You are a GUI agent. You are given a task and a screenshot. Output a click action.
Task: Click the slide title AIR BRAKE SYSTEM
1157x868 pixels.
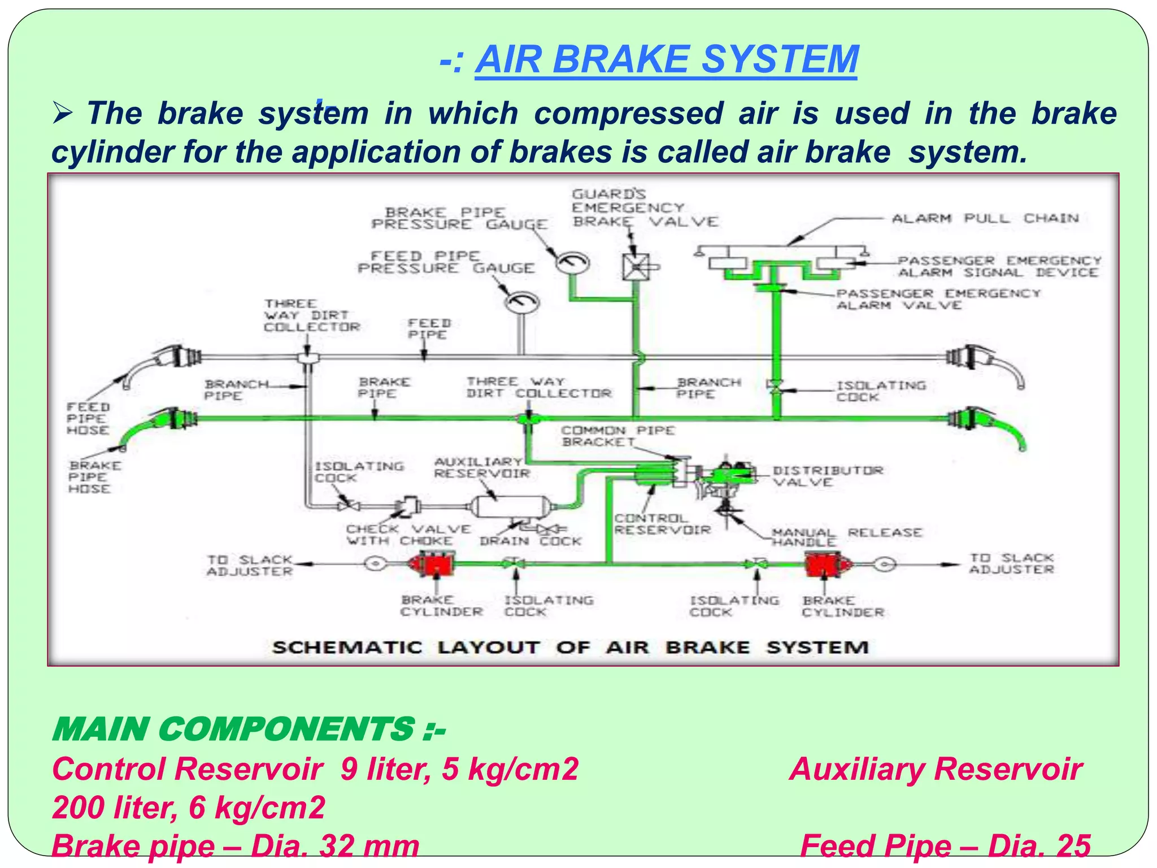coord(666,60)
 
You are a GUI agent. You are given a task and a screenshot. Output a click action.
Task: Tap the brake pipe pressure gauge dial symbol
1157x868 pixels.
coord(573,262)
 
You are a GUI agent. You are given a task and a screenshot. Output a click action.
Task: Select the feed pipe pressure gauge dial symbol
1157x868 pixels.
coord(521,302)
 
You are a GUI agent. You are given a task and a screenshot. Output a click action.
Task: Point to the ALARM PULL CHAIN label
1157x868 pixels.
coord(985,219)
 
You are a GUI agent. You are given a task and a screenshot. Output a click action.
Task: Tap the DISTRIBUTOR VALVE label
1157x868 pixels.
coord(827,476)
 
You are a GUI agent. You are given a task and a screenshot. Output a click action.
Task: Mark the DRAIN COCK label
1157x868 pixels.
coord(530,541)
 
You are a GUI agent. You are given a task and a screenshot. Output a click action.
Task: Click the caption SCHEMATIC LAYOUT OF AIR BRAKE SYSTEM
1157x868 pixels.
coord(570,648)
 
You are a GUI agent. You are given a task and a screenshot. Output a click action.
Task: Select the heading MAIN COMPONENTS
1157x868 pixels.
coord(249,729)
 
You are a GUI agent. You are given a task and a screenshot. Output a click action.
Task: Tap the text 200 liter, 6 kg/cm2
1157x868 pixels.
coord(189,807)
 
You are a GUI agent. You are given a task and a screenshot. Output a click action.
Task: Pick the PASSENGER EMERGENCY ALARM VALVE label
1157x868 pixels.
coord(937,300)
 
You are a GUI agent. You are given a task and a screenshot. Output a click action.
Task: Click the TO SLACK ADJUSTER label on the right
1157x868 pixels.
coord(1011,563)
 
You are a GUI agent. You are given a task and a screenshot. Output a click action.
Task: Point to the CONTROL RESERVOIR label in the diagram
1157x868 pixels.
coord(662,524)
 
